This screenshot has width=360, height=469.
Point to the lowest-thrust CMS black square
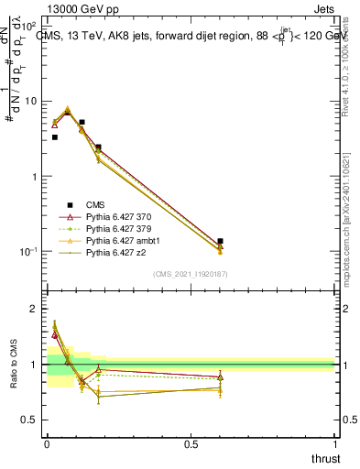tap(54, 137)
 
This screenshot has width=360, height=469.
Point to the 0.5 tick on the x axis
tap(191, 444)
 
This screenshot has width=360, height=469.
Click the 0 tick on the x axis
tap(46, 444)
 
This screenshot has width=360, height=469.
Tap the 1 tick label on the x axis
tap(335, 444)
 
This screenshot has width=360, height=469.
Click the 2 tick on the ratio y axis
tap(36, 309)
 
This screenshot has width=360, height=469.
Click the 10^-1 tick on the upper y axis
tap(30, 251)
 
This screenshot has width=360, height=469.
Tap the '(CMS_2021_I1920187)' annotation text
tap(191, 273)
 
